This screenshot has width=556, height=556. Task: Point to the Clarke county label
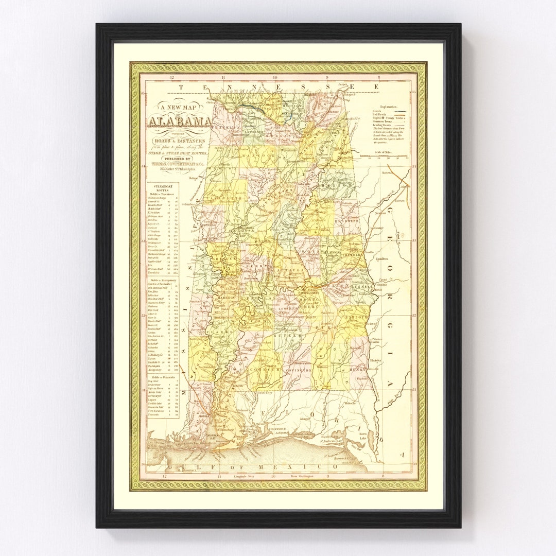(214, 332)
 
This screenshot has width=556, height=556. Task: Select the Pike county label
(328, 327)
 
